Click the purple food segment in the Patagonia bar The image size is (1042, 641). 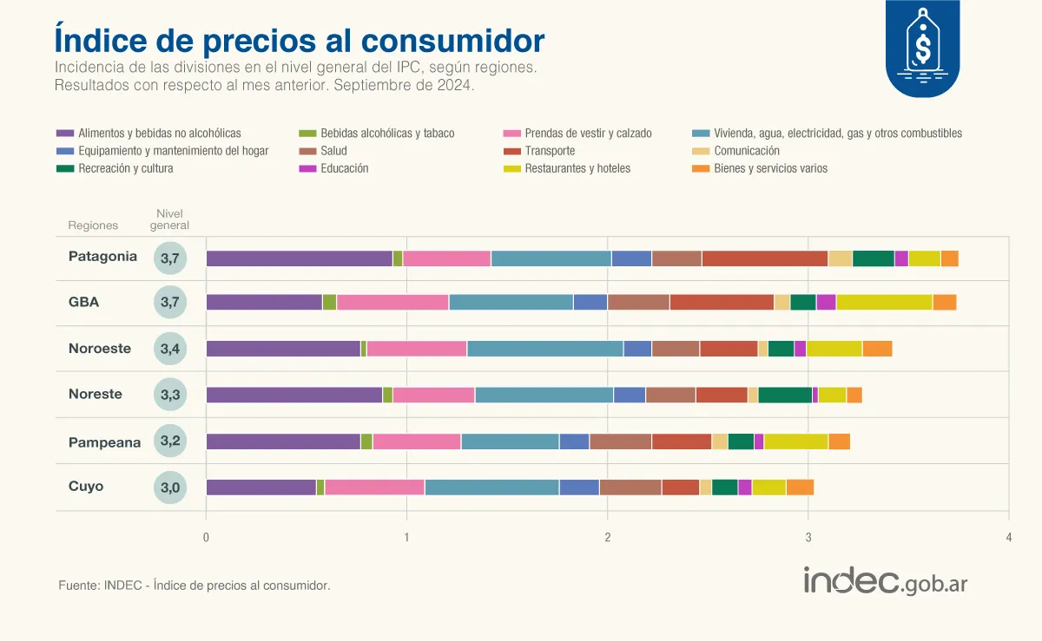point(299,258)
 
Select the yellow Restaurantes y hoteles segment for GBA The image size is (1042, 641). point(884,302)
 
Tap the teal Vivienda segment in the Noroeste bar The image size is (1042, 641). point(544,349)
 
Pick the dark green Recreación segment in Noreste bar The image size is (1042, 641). point(785,396)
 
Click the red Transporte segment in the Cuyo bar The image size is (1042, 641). point(680,487)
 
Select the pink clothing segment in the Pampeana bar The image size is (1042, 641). point(416,442)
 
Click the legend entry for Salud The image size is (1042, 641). point(333,151)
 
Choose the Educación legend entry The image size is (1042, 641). point(344,168)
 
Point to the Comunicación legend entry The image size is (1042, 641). point(746,151)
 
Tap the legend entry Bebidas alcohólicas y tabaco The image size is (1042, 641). point(386,134)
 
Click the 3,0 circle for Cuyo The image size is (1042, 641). point(170,487)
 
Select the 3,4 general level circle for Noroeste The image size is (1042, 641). point(170,350)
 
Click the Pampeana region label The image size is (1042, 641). point(104,442)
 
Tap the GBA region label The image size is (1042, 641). point(84,303)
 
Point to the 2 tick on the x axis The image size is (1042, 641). point(607,538)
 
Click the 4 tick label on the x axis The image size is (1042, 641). point(1008,538)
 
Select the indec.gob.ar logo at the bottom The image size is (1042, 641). point(886,581)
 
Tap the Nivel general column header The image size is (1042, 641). point(169,219)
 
